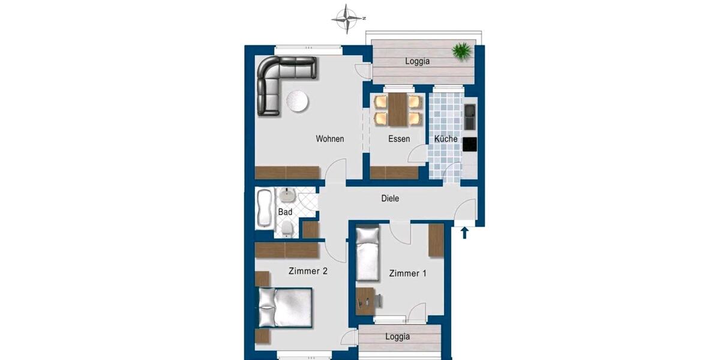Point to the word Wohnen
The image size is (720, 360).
(330, 139)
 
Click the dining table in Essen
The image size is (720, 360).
(398, 109)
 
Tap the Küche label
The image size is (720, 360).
(446, 139)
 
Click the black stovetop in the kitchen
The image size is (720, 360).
(470, 145)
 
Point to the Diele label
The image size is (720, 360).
(390, 199)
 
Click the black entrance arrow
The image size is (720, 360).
(464, 232)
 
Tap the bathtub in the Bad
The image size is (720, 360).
(264, 208)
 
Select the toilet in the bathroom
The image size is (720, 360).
(287, 227)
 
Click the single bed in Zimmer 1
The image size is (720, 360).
(367, 253)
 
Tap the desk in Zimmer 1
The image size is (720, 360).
(366, 297)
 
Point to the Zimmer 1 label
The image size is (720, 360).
(407, 274)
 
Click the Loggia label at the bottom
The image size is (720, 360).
(398, 337)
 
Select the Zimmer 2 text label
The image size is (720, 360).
(307, 271)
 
